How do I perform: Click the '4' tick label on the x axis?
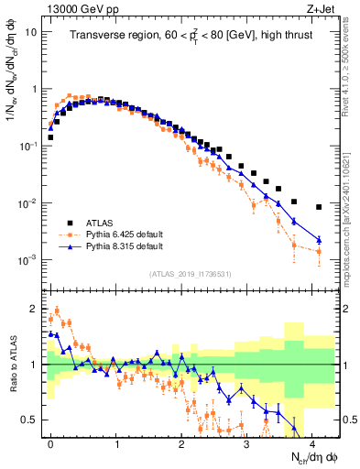[x=312, y=442]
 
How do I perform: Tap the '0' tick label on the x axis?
[x=50, y=442]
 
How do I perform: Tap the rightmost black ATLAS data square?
[x=319, y=207]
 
